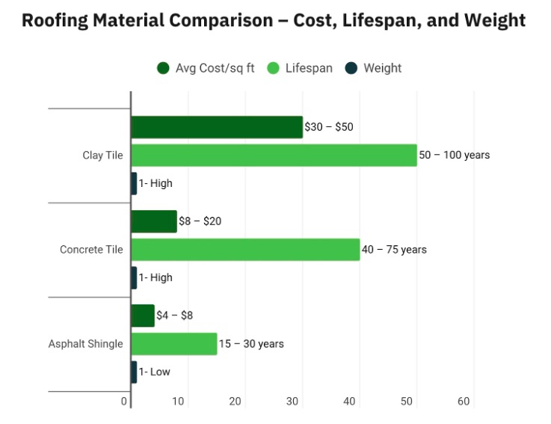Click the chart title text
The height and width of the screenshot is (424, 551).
274,20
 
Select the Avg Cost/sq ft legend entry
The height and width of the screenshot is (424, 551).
206,68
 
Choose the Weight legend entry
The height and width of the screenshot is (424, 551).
374,68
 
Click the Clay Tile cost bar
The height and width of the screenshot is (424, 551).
217,127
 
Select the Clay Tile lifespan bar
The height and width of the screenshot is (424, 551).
274,156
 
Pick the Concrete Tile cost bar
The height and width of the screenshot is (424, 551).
154,221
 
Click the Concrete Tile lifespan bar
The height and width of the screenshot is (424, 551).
245,250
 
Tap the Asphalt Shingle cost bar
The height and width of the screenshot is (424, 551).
143,316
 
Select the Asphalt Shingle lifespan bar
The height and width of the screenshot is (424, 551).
174,344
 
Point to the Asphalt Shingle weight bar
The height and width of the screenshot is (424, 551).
134,372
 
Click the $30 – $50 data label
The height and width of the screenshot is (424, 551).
329,127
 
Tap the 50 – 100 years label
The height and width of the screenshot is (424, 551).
455,156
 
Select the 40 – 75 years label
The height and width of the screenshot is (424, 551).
394,250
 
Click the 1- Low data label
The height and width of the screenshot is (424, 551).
155,372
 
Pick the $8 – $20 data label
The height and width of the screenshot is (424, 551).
200,221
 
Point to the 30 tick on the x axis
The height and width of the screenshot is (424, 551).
292,402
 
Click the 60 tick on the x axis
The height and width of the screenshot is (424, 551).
464,402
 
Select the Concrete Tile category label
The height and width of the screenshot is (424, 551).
91,250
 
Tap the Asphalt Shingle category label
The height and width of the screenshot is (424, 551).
86,344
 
